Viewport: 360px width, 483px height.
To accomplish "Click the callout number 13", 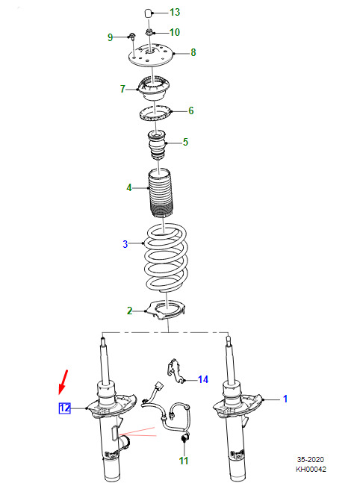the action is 175,13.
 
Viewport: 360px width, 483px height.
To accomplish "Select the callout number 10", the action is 175,32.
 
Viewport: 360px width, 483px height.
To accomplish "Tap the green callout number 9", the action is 110,37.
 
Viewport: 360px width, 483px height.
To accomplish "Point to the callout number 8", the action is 193,53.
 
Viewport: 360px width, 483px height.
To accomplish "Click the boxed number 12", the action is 65,408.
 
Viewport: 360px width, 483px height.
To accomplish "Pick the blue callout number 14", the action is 203,379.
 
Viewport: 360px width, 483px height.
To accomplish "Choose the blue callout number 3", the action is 125,244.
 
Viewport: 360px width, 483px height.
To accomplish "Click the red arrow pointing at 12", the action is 63,382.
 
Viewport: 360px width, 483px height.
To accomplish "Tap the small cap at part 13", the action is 148,13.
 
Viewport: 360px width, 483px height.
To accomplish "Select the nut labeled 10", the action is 149,32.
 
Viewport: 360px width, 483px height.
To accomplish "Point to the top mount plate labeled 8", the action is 151,55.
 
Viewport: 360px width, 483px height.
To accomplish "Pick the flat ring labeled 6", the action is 155,113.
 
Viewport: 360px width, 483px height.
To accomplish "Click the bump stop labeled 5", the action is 157,145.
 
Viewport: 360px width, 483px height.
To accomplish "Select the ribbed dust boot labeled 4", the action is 161,193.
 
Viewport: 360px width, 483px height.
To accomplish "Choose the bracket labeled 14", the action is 176,371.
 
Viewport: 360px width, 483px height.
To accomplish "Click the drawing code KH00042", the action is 311,469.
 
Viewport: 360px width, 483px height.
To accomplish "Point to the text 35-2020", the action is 311,460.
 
